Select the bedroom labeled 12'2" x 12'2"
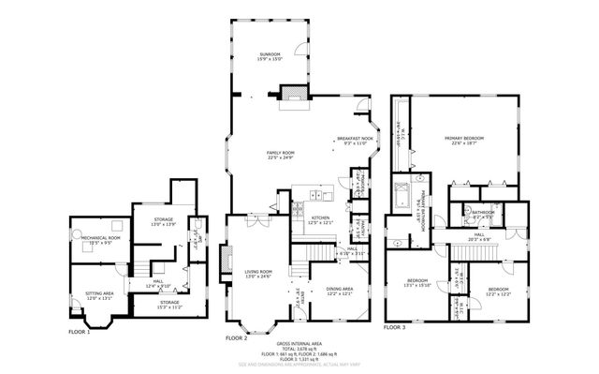pyautogui.click(x=497, y=291)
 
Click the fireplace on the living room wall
pyautogui.click(x=224, y=258)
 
